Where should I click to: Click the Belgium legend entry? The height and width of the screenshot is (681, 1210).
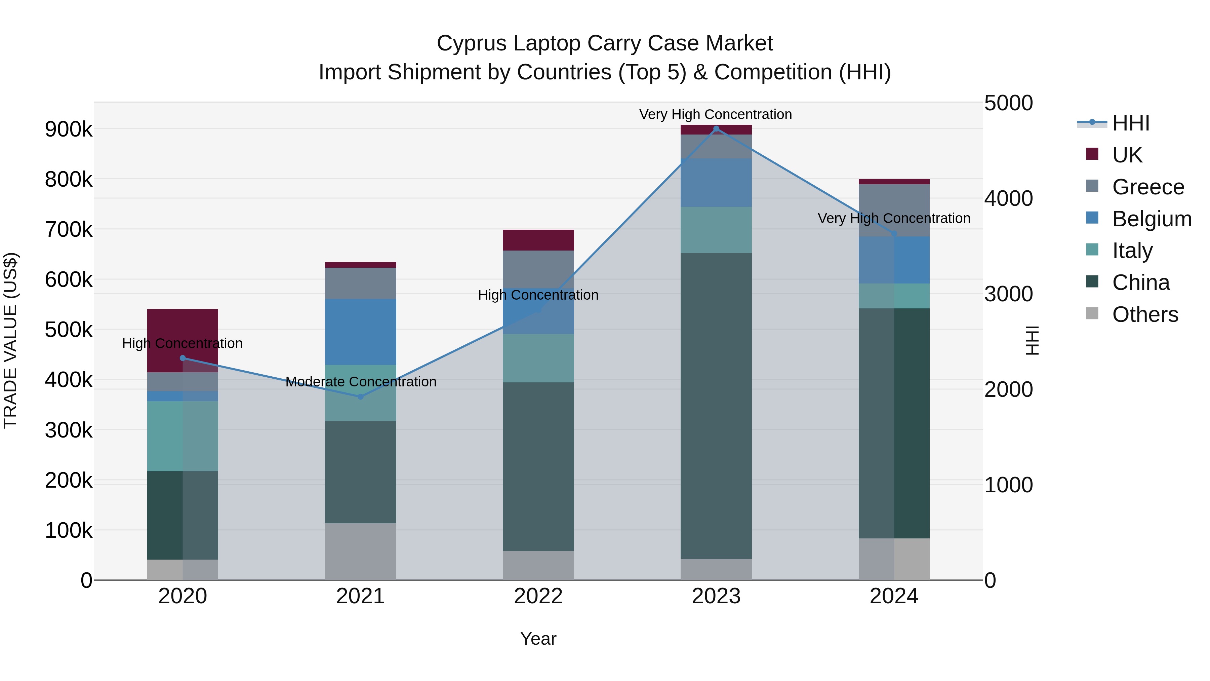[1151, 219]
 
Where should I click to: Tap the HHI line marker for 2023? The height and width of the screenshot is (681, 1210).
[716, 129]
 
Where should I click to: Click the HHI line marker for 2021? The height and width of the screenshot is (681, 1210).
[360, 397]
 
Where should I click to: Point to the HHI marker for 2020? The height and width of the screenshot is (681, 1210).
[183, 358]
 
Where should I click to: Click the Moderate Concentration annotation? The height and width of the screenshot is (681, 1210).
[361, 382]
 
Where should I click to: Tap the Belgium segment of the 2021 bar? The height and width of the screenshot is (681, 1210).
[360, 332]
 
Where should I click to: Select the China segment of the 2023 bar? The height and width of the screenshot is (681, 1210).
[716, 406]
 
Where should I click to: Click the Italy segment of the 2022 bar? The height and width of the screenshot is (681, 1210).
[538, 358]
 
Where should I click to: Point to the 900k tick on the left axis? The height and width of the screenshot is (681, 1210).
[69, 129]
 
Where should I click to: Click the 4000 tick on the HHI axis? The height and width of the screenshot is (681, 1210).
[1008, 198]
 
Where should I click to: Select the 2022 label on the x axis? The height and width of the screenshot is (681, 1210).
[538, 596]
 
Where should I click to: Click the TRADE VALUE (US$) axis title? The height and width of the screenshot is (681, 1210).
[11, 340]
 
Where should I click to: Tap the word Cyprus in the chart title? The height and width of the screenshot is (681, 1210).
[472, 43]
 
